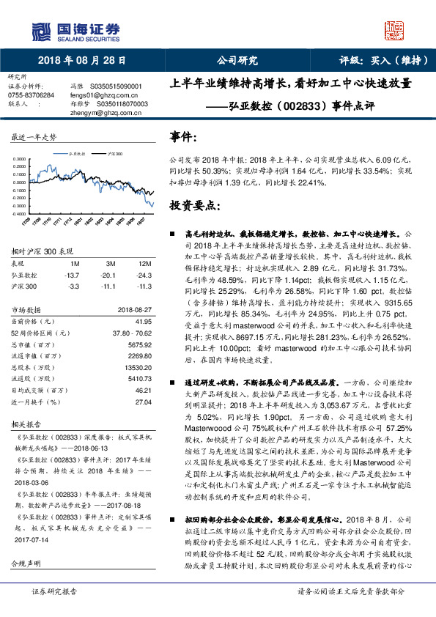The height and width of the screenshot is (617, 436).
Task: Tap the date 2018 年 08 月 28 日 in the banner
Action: point(81,60)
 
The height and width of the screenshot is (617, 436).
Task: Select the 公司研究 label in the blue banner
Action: point(237,60)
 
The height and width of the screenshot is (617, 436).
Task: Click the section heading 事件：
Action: point(183,137)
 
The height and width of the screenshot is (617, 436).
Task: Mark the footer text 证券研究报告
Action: point(54,610)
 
